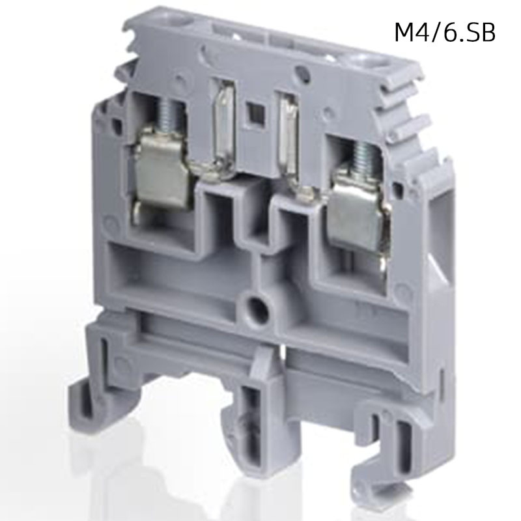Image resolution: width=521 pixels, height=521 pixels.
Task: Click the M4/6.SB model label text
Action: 445,33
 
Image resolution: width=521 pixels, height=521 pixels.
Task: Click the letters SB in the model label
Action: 482,33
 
